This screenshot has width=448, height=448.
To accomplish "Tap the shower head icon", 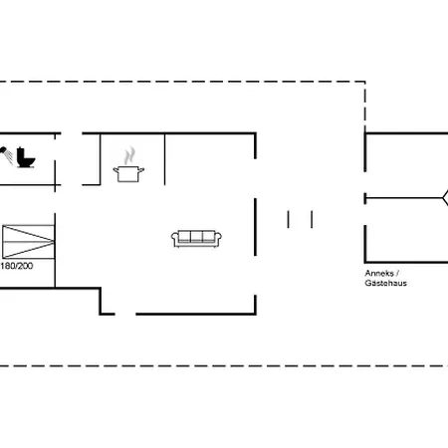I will click(8, 153).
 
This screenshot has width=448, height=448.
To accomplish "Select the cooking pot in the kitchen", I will click(128, 173).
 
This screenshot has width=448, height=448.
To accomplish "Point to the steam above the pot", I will click(129, 155).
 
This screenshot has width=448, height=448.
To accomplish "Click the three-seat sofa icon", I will click(197, 238).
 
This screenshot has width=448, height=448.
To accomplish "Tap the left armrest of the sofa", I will click(175, 239).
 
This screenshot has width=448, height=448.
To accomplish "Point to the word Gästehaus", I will click(385, 284).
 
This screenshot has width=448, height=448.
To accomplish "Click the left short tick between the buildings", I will click(288, 218).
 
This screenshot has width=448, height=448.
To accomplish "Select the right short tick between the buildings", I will click(312, 218).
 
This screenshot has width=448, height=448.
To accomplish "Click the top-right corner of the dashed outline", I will click(365, 82).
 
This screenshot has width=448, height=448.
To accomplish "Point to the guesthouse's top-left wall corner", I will click(366, 134).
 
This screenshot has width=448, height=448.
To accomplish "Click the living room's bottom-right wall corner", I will click(255, 313).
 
